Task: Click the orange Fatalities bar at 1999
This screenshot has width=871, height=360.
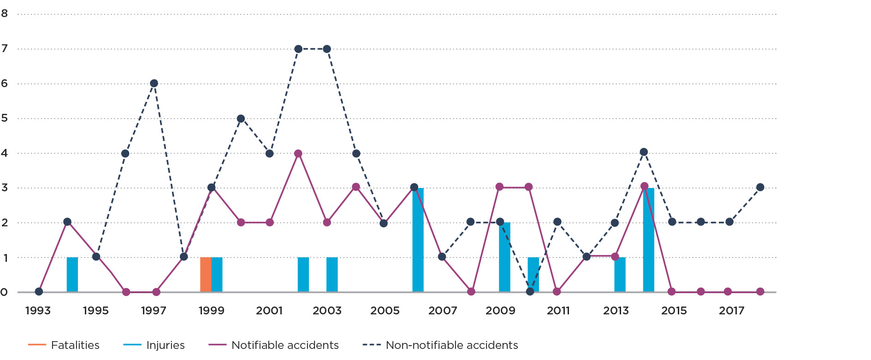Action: coord(206,275)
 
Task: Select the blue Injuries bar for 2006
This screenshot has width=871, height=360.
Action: coord(418,240)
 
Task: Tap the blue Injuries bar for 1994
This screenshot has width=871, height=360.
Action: coord(72,275)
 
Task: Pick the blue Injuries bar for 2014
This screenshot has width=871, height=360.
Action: coord(649,240)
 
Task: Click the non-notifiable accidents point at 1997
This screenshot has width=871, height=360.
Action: coord(154,83)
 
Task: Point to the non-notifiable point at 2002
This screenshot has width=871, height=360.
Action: coord(298,49)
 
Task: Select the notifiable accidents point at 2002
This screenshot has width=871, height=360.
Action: coord(298,153)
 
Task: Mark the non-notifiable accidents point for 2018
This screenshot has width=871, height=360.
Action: coord(760,187)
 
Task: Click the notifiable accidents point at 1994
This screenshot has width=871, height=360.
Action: coord(67,222)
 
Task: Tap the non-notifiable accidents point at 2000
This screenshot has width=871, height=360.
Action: coord(241,118)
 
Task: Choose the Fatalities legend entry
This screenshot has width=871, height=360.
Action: coord(64,345)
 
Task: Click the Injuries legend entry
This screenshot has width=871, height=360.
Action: coord(154,345)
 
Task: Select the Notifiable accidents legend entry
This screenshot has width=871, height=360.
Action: coord(273,345)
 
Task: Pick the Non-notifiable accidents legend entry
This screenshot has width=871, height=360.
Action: coord(440,345)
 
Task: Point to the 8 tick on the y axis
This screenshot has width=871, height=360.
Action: coord(5,14)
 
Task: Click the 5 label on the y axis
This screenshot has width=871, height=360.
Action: coord(5,118)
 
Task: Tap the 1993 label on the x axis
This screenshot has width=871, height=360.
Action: coord(38,311)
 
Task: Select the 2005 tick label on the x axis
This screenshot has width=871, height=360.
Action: coord(385,311)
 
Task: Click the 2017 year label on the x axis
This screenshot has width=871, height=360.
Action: coord(732,311)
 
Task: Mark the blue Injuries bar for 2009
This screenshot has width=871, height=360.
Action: coord(505,257)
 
